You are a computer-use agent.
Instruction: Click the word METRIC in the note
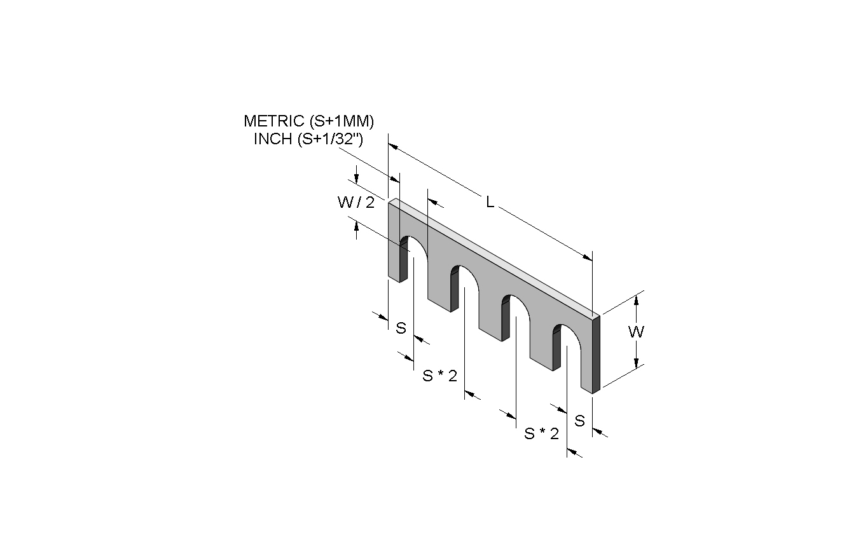(274, 121)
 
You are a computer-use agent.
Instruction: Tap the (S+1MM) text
(342, 121)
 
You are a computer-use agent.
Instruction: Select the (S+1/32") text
(330, 139)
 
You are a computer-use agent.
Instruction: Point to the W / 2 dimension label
(356, 202)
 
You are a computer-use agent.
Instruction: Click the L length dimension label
(490, 201)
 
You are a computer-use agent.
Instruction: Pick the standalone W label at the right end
(636, 332)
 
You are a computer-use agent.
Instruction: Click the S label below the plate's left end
(401, 328)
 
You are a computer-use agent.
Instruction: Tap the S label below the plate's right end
(579, 421)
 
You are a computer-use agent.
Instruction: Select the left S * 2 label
(439, 376)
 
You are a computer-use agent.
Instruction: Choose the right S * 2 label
(541, 434)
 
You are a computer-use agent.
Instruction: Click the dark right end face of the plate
(596, 354)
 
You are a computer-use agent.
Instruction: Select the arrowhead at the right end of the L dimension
(588, 257)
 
